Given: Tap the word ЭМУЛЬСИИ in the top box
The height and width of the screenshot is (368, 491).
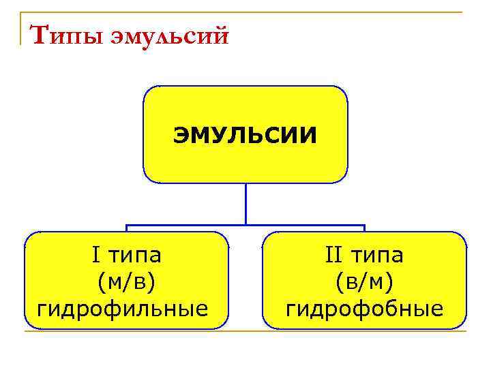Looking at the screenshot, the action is (245, 135).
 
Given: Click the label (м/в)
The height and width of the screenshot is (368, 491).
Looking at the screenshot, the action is (126, 283).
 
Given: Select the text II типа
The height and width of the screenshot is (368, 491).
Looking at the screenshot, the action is (364, 256).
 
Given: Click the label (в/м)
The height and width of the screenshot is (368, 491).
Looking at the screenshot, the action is (364, 283).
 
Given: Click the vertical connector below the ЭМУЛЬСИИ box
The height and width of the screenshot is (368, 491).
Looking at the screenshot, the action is (245, 204).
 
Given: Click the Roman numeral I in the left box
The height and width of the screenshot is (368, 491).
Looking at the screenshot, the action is (95, 256).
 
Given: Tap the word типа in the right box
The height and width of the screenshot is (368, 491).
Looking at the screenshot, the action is (378, 257).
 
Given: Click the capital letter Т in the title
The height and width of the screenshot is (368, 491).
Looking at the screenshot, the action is (40, 32).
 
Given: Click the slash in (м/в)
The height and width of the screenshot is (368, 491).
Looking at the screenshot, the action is (127, 283).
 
